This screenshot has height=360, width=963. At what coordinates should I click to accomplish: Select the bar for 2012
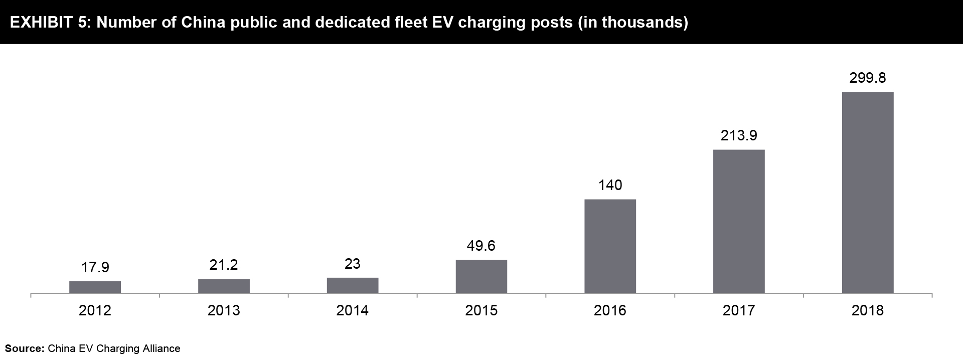pos(95,287)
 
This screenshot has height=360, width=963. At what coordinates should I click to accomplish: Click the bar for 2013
pos(224,286)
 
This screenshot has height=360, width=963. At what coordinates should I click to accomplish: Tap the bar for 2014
pos(353,285)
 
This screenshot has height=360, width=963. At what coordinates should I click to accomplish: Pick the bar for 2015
pos(481,276)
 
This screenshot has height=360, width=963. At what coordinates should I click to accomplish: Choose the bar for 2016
pos(610,246)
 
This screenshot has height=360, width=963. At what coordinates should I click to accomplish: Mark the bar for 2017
pos(739,221)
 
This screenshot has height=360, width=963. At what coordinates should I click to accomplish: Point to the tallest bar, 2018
pos(868,193)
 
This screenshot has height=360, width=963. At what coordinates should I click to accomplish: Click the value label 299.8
pos(868,78)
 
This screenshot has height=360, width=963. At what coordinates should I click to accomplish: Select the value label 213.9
pos(739,135)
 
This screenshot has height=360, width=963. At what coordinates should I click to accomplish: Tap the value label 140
pos(610,185)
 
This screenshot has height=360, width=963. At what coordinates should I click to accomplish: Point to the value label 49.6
pos(481,246)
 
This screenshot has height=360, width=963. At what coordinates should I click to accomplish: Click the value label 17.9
pos(95,267)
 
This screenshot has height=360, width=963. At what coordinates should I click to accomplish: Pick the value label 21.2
pos(224,265)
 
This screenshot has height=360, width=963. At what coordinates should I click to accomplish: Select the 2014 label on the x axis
pos(353,311)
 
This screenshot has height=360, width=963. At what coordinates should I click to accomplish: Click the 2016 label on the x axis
pos(610,311)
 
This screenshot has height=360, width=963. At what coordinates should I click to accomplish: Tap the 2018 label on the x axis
pos(868,311)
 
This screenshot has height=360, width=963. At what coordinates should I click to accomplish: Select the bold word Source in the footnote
pos(24,348)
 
